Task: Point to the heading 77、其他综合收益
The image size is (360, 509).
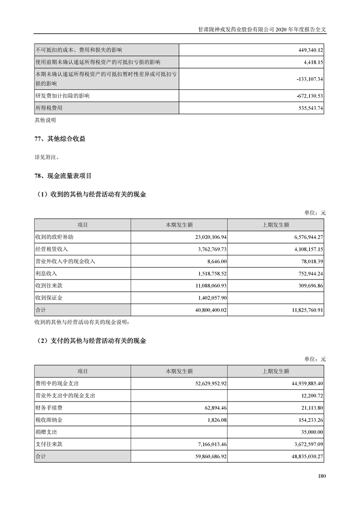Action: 60,139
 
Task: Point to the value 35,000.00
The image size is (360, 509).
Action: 309,432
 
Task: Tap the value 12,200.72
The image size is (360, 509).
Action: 309,396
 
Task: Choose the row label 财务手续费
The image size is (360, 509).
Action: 50,408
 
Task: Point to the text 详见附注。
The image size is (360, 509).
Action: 47,157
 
